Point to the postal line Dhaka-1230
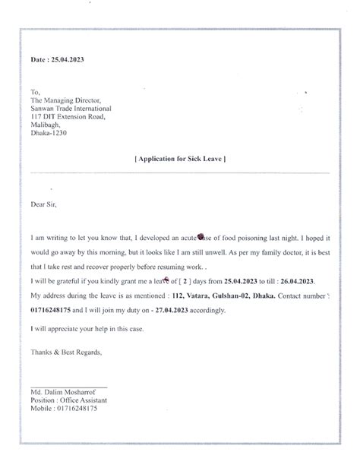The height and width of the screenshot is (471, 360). [48, 133]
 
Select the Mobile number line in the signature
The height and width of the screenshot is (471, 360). [65, 409]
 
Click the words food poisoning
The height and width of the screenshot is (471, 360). [248, 238]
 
